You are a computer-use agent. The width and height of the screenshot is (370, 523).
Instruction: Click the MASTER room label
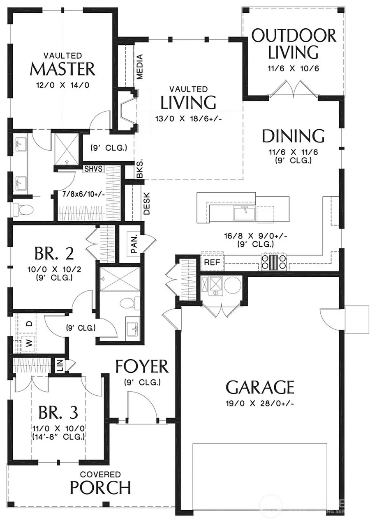[62, 69]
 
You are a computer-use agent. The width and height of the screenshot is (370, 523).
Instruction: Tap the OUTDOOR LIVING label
[293, 44]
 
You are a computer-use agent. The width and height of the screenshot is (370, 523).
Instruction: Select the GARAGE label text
[260, 387]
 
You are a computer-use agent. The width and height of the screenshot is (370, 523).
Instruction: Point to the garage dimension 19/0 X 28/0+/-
[260, 403]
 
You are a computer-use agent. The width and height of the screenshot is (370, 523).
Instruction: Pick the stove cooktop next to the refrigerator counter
[273, 262]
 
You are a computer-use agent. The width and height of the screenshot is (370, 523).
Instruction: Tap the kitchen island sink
[244, 214]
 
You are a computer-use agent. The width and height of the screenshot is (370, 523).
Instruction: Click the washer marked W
[29, 343]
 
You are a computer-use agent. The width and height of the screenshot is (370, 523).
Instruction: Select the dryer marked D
[29, 323]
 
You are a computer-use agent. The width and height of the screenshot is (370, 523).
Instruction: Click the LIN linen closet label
[59, 365]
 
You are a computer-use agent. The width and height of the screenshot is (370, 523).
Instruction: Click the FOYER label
[142, 366]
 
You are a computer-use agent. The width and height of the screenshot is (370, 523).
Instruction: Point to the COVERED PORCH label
[100, 483]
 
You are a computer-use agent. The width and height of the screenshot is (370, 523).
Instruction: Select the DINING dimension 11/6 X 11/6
[293, 152]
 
